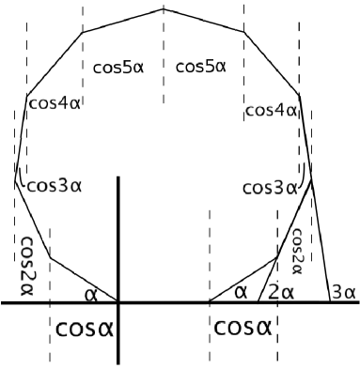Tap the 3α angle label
pyautogui.click(x=342, y=293)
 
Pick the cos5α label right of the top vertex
pyautogui.click(x=201, y=67)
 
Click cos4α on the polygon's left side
pyautogui.click(x=54, y=103)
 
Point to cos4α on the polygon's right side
pyautogui.click(x=271, y=111)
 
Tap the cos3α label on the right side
pyautogui.click(x=270, y=188)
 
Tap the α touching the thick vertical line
pyautogui.click(x=91, y=294)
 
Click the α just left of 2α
pyautogui.click(x=241, y=292)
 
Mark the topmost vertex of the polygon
pyautogui.click(x=164, y=8)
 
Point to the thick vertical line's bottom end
pyautogui.click(x=118, y=363)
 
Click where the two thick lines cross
pyautogui.click(x=118, y=302)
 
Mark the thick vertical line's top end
pyautogui.click(x=118, y=177)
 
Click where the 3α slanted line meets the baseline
pyautogui.click(x=325, y=302)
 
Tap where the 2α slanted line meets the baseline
pyautogui.click(x=258, y=302)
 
